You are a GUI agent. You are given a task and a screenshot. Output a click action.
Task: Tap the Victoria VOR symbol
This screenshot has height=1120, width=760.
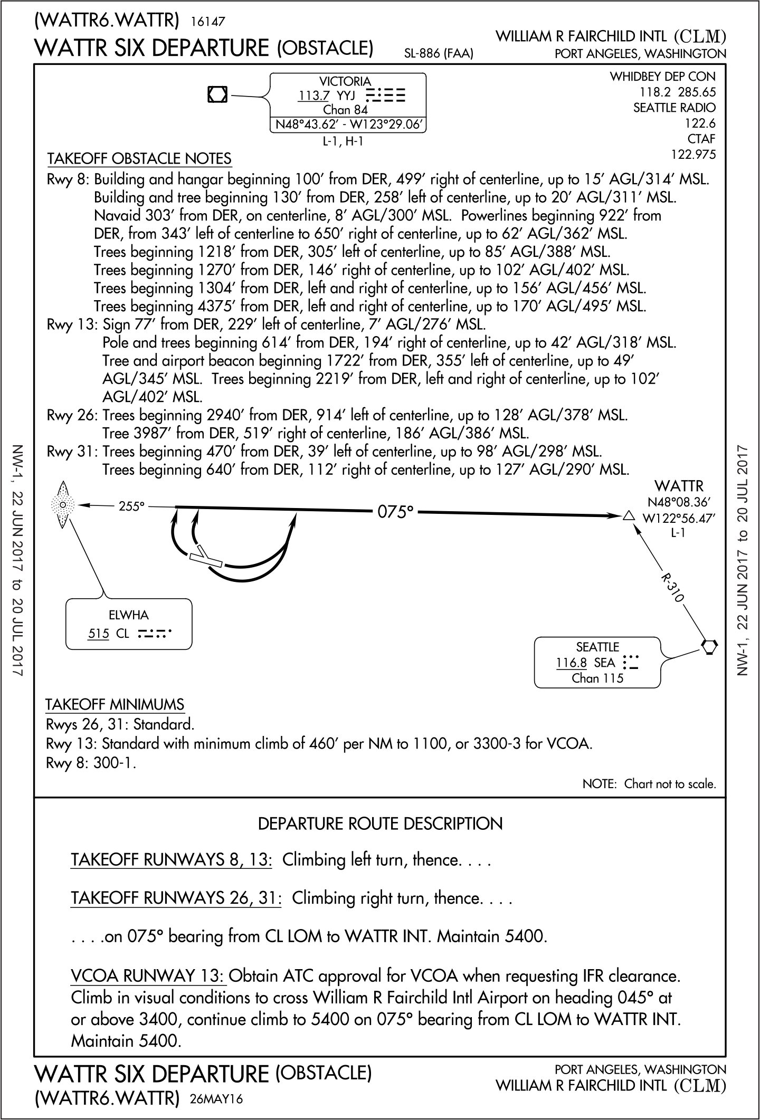[217, 94]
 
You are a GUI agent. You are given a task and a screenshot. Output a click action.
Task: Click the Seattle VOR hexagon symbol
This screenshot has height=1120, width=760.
[709, 646]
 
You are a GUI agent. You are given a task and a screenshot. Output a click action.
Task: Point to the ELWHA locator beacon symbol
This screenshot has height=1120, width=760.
[63, 505]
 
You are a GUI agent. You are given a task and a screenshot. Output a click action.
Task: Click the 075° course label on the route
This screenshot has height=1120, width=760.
[394, 511]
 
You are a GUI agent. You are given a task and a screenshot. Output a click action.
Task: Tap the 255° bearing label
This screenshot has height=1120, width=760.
[131, 506]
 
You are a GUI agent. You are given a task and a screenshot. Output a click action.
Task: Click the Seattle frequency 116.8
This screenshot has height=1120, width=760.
[571, 662]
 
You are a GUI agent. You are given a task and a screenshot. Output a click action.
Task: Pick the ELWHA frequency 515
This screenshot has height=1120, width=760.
[98, 633]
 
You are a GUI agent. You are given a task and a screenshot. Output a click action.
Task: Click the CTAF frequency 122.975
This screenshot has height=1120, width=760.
[693, 155]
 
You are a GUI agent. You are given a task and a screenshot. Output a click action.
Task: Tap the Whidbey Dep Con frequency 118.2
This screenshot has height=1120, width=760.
[654, 92]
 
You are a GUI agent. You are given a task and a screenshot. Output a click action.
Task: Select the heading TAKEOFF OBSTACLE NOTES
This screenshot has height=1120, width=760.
[139, 158]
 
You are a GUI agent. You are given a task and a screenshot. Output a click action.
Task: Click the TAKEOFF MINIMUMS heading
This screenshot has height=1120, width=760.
[115, 705]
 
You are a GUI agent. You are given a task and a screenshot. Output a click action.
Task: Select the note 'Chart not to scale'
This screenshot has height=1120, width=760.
[649, 784]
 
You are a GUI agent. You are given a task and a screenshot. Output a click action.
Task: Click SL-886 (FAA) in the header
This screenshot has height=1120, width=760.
[438, 53]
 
